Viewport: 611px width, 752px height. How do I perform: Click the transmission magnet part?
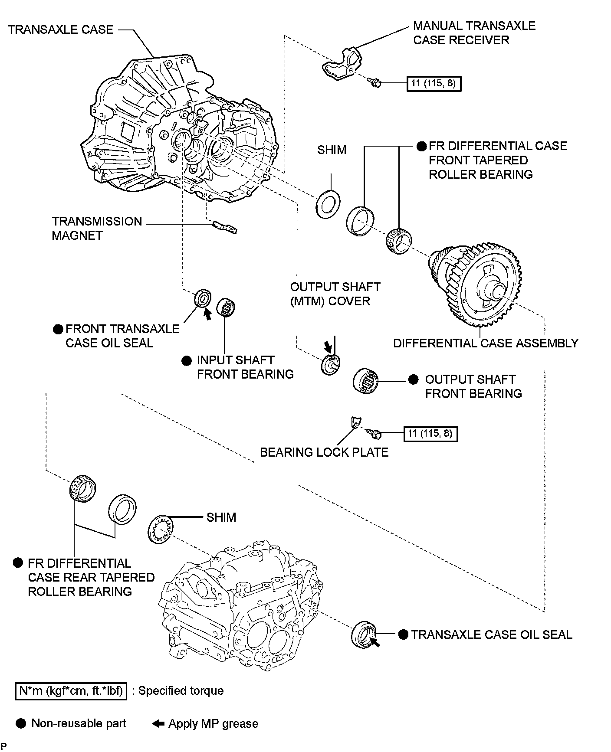225,227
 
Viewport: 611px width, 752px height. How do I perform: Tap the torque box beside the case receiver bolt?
434,83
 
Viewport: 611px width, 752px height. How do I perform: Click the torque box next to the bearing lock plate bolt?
430,433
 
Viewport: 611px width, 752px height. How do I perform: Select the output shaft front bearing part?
366,381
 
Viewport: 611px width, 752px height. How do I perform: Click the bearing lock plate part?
355,422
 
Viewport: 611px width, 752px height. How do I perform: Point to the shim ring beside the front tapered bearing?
328,203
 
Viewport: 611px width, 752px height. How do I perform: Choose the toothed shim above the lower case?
161,529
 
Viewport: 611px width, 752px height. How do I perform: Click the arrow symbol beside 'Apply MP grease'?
158,723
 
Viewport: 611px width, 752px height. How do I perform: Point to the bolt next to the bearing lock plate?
373,432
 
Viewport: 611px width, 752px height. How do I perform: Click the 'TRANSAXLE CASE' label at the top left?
61,30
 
